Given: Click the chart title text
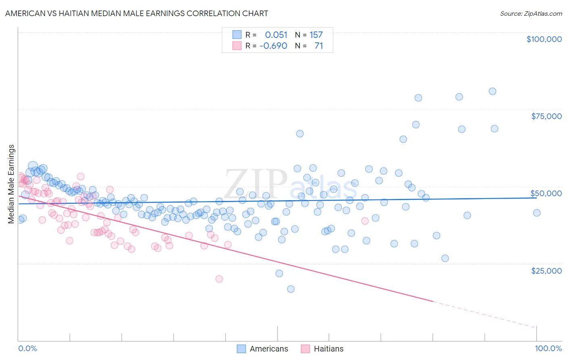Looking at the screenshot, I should coord(136,13).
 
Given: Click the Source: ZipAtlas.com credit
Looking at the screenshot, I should coord(531,13).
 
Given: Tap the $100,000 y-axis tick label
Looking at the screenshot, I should coord(544,39).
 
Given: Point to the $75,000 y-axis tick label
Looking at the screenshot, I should coord(546,116).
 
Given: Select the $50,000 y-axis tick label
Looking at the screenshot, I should coord(546,193).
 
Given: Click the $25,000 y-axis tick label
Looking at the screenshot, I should coord(546,270).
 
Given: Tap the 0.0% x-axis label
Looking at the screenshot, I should coord(27,348).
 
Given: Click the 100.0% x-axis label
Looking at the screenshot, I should coord(548,348).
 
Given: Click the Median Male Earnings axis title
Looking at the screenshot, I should coord(11,184).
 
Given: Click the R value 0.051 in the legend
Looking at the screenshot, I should coord(276,35).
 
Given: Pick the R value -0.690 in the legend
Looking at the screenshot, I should coord(273,46).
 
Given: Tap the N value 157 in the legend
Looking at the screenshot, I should coord(316,35).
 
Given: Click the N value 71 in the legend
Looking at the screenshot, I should coord(319,46).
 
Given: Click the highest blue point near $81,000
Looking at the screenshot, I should coord(492,91).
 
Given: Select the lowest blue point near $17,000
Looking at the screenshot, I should coord(291,289).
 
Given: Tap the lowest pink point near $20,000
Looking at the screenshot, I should coord(219,279).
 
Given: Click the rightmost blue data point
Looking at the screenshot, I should coord(537,213).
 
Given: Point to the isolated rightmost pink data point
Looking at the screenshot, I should coord(365,221).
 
